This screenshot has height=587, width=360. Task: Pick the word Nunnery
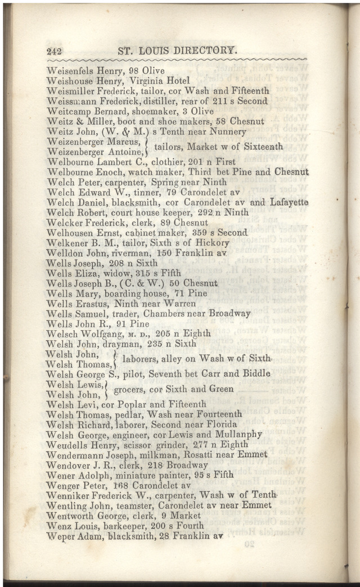point(227,132)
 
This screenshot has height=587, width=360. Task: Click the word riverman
point(131,253)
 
